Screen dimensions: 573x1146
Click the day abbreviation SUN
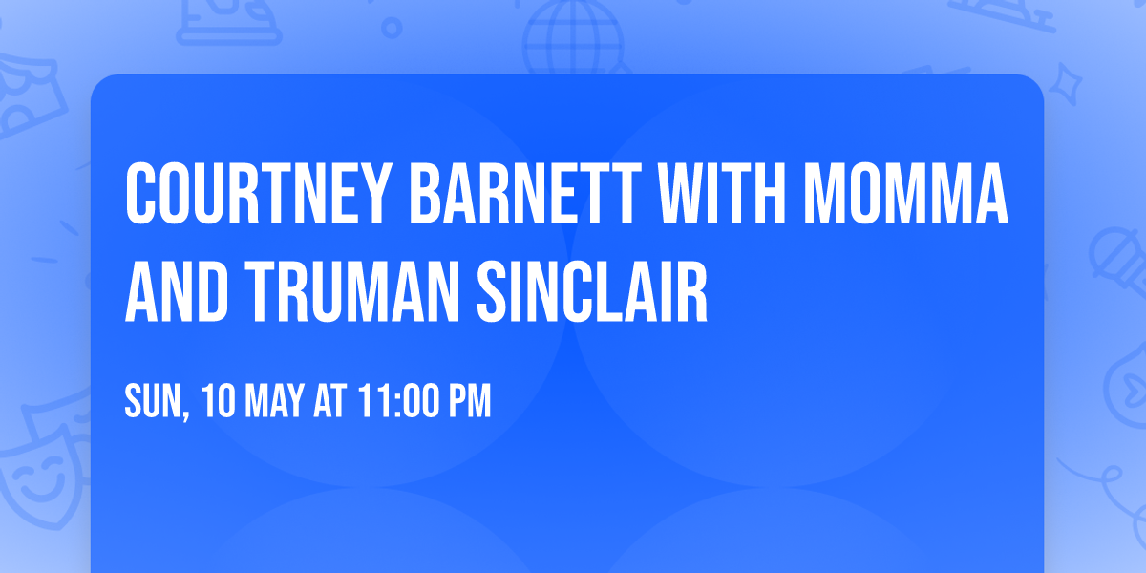point(152,401)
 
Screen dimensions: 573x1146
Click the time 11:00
point(395,401)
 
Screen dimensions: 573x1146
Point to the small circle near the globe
point(393,29)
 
